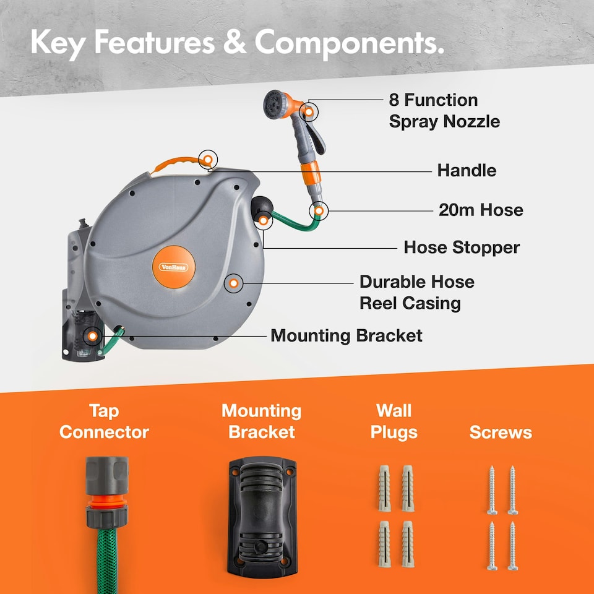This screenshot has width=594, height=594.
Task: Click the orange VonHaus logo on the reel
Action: pos(173,267)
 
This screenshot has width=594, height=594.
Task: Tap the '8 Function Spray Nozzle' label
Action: pos(444,111)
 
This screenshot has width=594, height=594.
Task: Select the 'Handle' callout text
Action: pos(467,171)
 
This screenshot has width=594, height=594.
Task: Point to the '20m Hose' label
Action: pos(481,210)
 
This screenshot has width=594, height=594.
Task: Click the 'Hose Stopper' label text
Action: pos(462,247)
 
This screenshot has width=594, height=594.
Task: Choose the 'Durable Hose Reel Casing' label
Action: pos(416,293)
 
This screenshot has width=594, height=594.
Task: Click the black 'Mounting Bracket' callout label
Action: pos(346,335)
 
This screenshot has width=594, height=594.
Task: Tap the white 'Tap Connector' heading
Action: pos(104,421)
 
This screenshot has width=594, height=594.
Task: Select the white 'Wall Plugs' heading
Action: pos(394,421)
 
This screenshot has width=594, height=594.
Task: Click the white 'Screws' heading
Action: pos(501,433)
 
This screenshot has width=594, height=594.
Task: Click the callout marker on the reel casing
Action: pos(234,283)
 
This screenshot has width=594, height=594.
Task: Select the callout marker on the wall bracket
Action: pos(92,336)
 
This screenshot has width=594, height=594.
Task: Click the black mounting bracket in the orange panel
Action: pos(262,517)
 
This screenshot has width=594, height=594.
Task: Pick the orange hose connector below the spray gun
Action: pos(311,173)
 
